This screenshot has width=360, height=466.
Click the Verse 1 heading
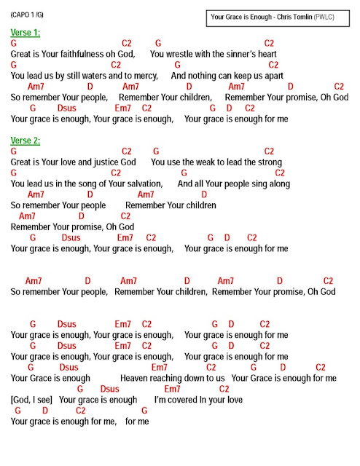coord(26,33)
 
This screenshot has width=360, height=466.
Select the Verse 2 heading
coord(26,140)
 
